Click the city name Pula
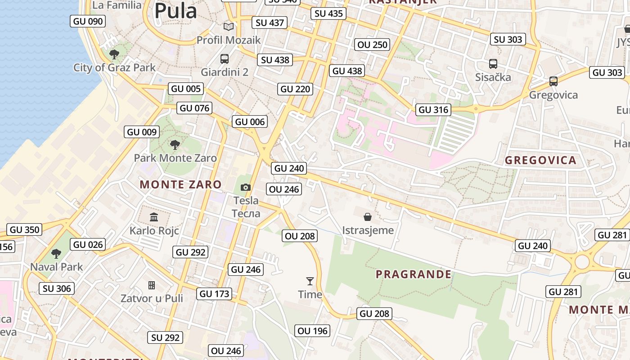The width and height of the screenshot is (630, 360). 175,11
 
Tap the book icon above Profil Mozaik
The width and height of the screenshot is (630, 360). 229,27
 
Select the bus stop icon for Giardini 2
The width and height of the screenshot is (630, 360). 224,58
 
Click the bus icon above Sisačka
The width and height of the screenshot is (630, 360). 493,64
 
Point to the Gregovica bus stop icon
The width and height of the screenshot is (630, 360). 553,81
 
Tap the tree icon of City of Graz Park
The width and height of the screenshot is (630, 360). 114,54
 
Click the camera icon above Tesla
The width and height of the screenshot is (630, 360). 246,187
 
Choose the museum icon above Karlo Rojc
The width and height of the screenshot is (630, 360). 154,217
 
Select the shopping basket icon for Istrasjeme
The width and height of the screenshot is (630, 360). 368,217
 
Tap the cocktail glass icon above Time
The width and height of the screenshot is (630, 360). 310,281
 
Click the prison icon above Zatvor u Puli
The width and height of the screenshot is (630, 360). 152,285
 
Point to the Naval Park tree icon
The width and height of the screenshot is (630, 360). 56,253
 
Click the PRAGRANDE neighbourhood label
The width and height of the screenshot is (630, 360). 414,274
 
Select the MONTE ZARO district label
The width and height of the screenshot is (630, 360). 180,184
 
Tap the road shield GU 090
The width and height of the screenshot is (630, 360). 88,21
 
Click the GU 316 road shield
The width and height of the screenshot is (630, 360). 433,109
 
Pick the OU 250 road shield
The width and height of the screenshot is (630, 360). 372,45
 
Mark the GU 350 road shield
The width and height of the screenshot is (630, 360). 25,229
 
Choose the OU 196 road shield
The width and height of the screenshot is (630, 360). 313,331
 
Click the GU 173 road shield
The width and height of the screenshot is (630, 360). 215,294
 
